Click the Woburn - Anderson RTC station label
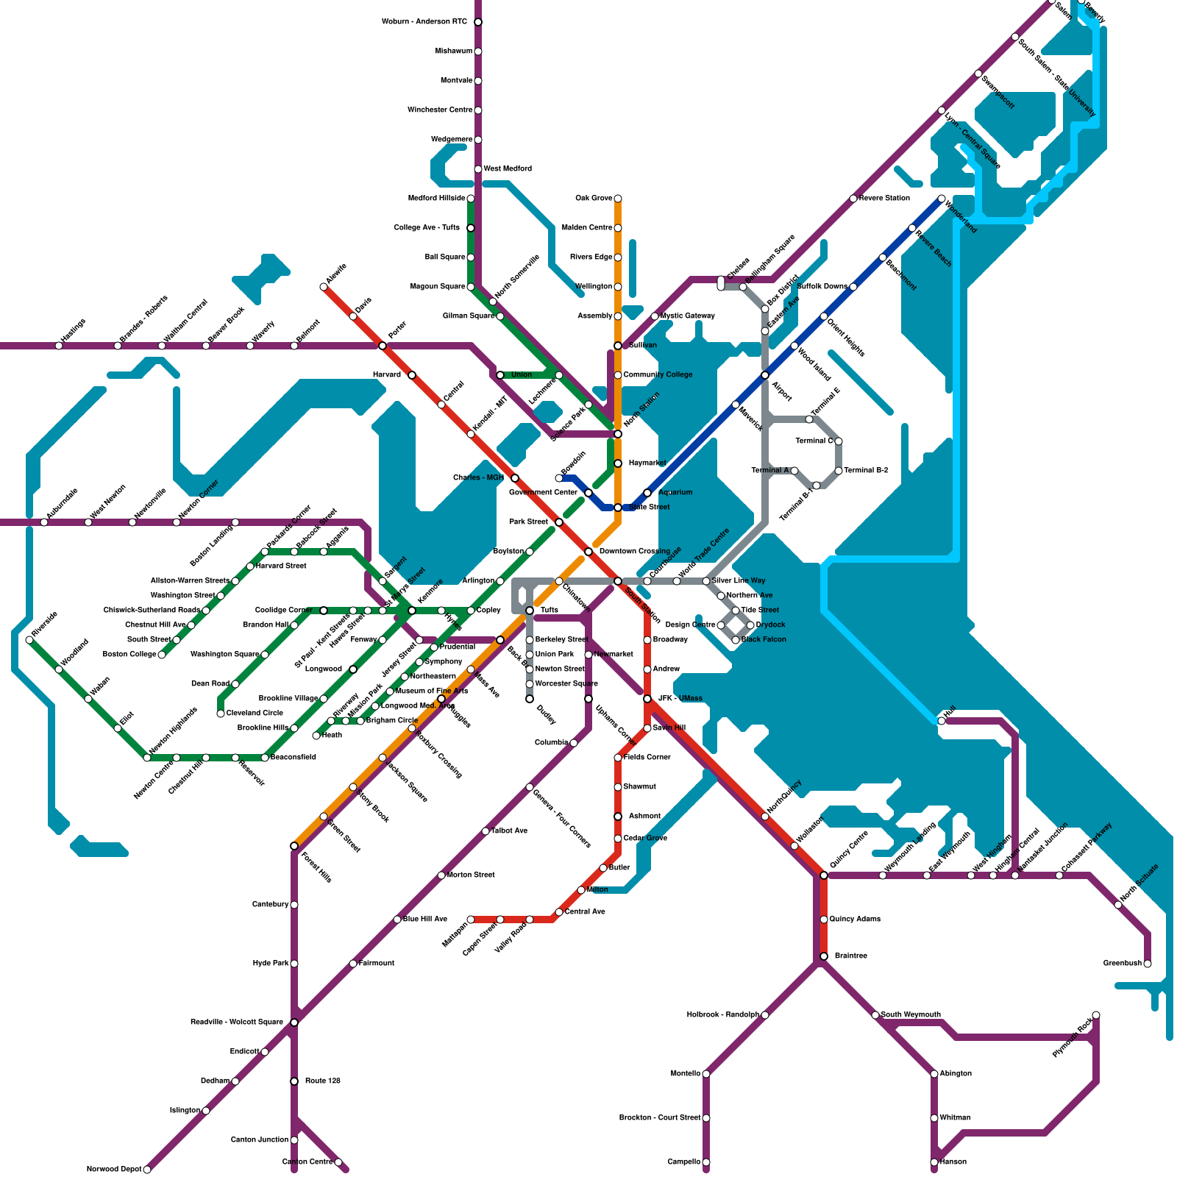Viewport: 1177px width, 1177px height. (424, 22)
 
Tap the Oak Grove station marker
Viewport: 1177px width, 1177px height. (618, 199)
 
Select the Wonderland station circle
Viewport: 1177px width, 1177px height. (942, 199)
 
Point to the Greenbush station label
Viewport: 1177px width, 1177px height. (1122, 964)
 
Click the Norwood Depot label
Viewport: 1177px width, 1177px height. (114, 1170)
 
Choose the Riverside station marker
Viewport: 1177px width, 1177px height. (29, 640)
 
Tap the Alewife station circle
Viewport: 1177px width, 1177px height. (324, 287)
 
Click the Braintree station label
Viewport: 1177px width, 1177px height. (851, 956)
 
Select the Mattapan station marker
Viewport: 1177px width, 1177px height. (471, 920)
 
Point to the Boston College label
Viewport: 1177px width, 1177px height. (129, 655)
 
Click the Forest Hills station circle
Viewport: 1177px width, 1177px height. (294, 846)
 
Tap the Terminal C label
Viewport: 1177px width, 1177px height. (814, 441)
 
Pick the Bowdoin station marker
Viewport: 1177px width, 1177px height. (559, 478)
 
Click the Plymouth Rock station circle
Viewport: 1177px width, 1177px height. (1096, 1015)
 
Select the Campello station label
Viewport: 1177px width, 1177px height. (684, 1162)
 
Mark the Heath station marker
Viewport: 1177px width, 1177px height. (316, 736)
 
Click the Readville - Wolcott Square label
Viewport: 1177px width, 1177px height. (237, 1023)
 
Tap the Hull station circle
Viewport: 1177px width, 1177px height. (942, 721)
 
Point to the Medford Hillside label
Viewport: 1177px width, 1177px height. (436, 199)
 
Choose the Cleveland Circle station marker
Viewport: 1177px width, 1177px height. (221, 714)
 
